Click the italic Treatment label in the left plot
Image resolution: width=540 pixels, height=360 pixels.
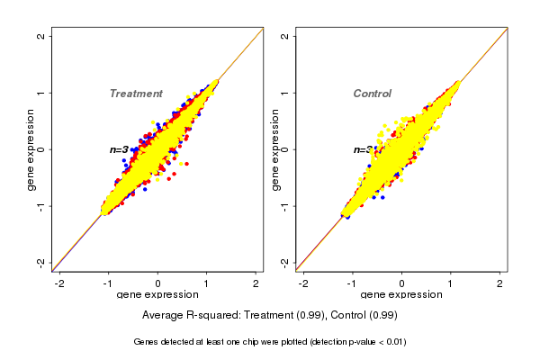point(136,94)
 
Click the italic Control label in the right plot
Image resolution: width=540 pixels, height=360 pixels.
point(373,94)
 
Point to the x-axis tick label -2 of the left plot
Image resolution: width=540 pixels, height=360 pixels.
point(59,284)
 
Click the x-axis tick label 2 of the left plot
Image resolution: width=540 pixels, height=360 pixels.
point(256,284)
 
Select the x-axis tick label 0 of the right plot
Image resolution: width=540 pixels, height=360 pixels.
point(401,284)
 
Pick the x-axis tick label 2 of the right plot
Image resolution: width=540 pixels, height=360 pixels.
point(500,284)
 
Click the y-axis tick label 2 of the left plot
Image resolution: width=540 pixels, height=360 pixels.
point(41,36)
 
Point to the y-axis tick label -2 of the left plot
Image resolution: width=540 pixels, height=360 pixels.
point(41,263)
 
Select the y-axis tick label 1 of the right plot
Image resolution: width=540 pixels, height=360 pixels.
point(285,93)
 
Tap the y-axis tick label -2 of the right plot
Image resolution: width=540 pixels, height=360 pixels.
point(285,263)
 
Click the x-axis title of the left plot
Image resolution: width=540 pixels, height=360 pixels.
point(158,295)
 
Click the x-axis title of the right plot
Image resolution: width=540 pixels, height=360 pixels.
point(401,295)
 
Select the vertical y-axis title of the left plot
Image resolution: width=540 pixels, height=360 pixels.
point(31,149)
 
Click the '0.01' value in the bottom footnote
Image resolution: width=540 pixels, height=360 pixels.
point(394,342)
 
